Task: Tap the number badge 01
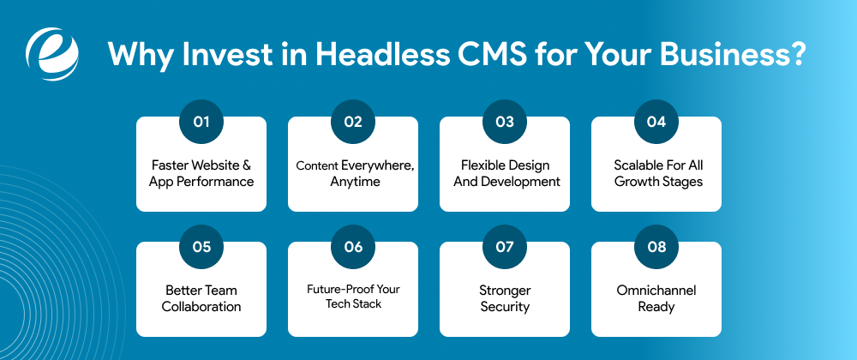coord(201,122)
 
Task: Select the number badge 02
coord(353,122)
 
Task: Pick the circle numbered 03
coord(505,122)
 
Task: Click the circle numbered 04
coord(656,122)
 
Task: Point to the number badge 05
coord(201,247)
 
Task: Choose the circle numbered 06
coord(353,247)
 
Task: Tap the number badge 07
coord(505,247)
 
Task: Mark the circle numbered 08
coord(656,247)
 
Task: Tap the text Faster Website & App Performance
coord(201,173)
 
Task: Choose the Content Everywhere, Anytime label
coord(353,173)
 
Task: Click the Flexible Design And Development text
coord(505,173)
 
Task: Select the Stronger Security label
coord(505,298)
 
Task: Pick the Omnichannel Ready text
coord(656,298)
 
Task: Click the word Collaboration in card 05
coord(201,306)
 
